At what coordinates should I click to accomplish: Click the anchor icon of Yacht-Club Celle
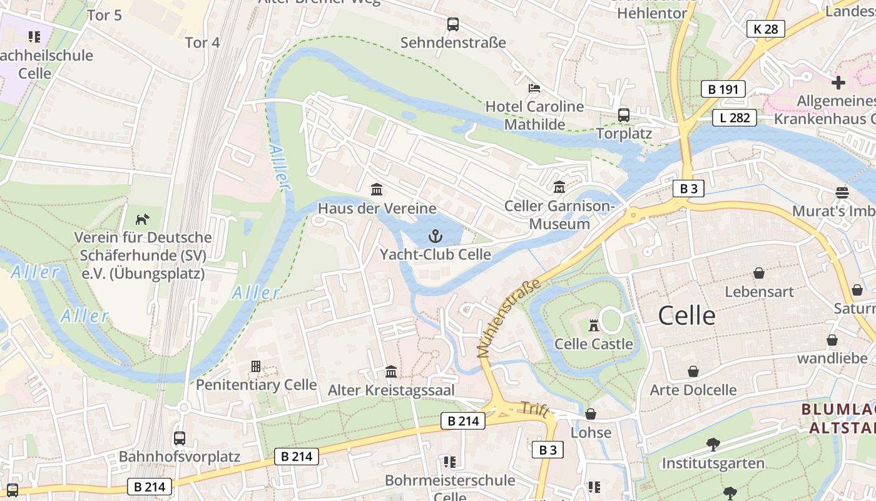(434, 236)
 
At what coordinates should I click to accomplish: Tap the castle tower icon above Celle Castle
(594, 325)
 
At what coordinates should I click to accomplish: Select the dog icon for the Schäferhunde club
(143, 219)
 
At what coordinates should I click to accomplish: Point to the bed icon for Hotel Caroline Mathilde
(534, 88)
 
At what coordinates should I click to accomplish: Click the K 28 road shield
(765, 29)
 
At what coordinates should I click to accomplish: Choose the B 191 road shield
(723, 89)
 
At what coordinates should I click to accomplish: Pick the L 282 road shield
(734, 118)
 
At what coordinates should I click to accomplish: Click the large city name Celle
(686, 316)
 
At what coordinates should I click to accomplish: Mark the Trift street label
(534, 410)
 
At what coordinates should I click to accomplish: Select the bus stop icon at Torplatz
(624, 115)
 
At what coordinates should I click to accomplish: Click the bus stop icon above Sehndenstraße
(453, 24)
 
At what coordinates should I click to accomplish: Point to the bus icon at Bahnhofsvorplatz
(180, 438)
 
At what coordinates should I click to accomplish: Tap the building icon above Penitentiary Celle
(255, 366)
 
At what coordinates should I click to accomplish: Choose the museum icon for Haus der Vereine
(377, 189)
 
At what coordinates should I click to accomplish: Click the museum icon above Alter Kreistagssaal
(391, 371)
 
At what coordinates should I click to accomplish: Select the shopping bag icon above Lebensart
(759, 273)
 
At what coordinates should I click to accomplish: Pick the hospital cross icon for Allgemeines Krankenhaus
(838, 82)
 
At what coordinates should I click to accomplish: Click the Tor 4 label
(203, 43)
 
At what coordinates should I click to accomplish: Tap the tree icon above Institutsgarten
(713, 445)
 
